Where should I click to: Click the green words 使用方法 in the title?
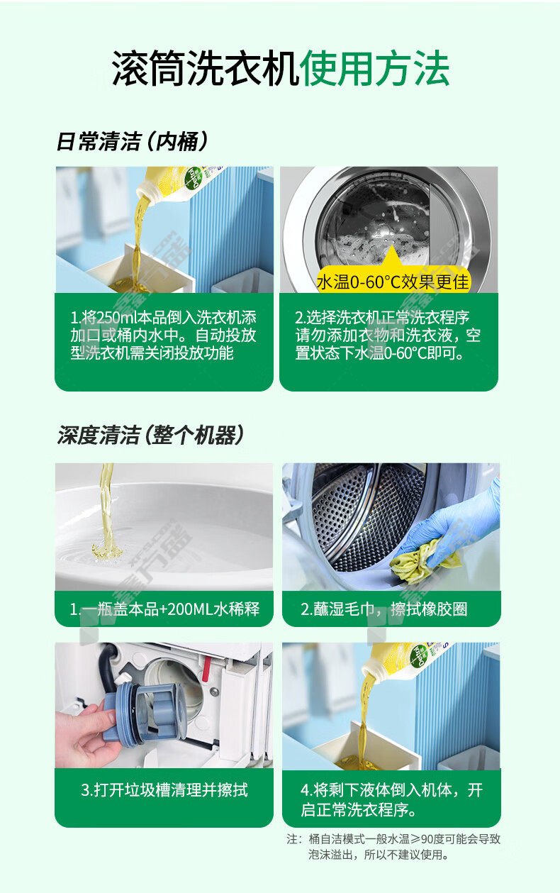375,68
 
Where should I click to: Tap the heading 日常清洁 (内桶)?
133,141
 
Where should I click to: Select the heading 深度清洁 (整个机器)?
150,435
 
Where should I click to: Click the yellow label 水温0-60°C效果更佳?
393,282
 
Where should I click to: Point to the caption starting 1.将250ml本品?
163,335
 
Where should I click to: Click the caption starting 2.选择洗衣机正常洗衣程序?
388,335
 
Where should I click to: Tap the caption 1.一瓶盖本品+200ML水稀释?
164,609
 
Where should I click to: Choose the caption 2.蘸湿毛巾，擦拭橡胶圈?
384,609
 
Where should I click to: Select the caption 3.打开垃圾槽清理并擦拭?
164,789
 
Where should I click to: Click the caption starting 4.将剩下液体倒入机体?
391,799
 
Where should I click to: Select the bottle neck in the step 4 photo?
371,667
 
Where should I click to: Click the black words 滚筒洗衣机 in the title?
205,68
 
